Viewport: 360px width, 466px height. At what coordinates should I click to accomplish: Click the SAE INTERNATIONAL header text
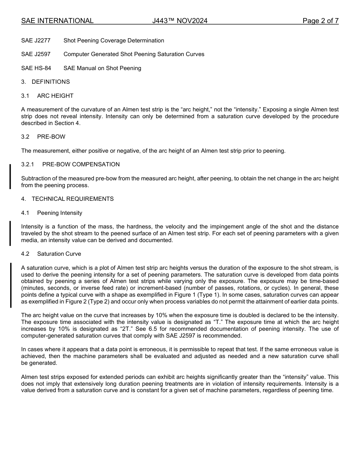pos(57,21)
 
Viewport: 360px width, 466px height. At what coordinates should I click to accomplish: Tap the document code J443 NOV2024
pos(180,21)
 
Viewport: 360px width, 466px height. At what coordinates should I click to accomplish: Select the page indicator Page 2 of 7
pos(320,21)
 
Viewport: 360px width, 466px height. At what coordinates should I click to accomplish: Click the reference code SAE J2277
pos(36,41)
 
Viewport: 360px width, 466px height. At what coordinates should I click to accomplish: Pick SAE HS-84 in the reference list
pos(36,68)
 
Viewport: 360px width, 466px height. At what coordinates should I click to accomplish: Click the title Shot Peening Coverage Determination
pos(114,41)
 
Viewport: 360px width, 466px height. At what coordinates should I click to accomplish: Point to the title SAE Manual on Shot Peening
pos(102,68)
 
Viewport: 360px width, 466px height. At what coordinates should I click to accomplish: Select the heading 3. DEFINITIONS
pos(45,82)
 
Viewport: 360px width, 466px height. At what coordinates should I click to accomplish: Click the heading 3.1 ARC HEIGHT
pos(47,96)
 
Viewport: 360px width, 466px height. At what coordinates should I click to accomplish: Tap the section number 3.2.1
pos(28,164)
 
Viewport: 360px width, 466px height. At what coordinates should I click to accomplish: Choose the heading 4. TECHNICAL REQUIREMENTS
pos(67,199)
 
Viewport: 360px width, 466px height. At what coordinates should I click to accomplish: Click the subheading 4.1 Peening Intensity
pos(52,213)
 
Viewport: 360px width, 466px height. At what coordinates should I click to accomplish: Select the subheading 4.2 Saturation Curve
pos(51,254)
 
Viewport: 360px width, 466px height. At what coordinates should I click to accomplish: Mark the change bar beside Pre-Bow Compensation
pos(10,176)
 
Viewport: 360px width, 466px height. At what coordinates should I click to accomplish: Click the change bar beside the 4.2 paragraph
pos(11,285)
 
